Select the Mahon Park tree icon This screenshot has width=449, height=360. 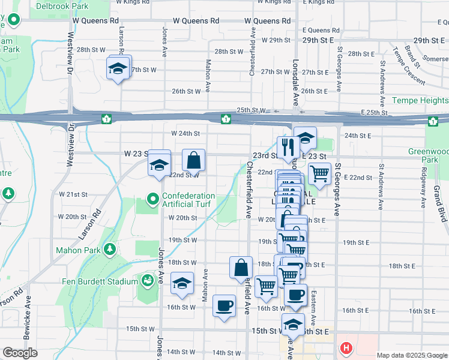coord(110,249)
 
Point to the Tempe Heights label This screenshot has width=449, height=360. coord(420,101)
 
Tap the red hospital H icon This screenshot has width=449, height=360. coord(346,347)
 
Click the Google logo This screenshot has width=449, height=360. coord(20,353)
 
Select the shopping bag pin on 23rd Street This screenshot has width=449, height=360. coord(194,160)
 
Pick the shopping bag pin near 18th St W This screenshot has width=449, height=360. coord(241,268)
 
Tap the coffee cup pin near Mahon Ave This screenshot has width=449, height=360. coord(224,306)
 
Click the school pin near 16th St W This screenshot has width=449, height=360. coord(182,284)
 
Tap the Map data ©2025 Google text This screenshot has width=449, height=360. coord(411,355)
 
